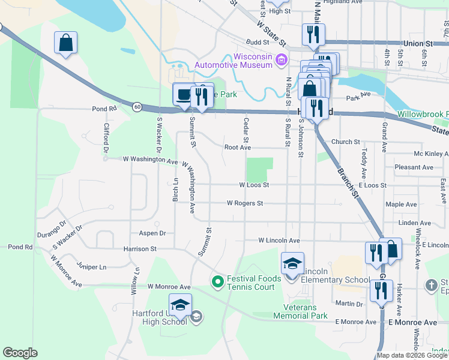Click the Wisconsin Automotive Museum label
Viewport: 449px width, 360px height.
(235, 61)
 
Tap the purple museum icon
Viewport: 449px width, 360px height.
(280, 60)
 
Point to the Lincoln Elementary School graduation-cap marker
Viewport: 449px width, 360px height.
(292, 263)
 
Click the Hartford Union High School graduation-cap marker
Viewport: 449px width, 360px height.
(180, 305)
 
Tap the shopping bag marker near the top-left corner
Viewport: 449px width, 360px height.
(65, 43)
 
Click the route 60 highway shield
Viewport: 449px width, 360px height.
(137, 107)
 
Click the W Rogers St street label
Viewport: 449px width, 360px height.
(245, 203)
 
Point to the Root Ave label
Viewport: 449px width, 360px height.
(237, 147)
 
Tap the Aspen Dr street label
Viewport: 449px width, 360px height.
(151, 233)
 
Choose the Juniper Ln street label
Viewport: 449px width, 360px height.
(92, 266)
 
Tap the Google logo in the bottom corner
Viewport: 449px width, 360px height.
(20, 353)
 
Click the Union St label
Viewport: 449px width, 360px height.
(418, 44)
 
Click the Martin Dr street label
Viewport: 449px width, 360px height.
(349, 304)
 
